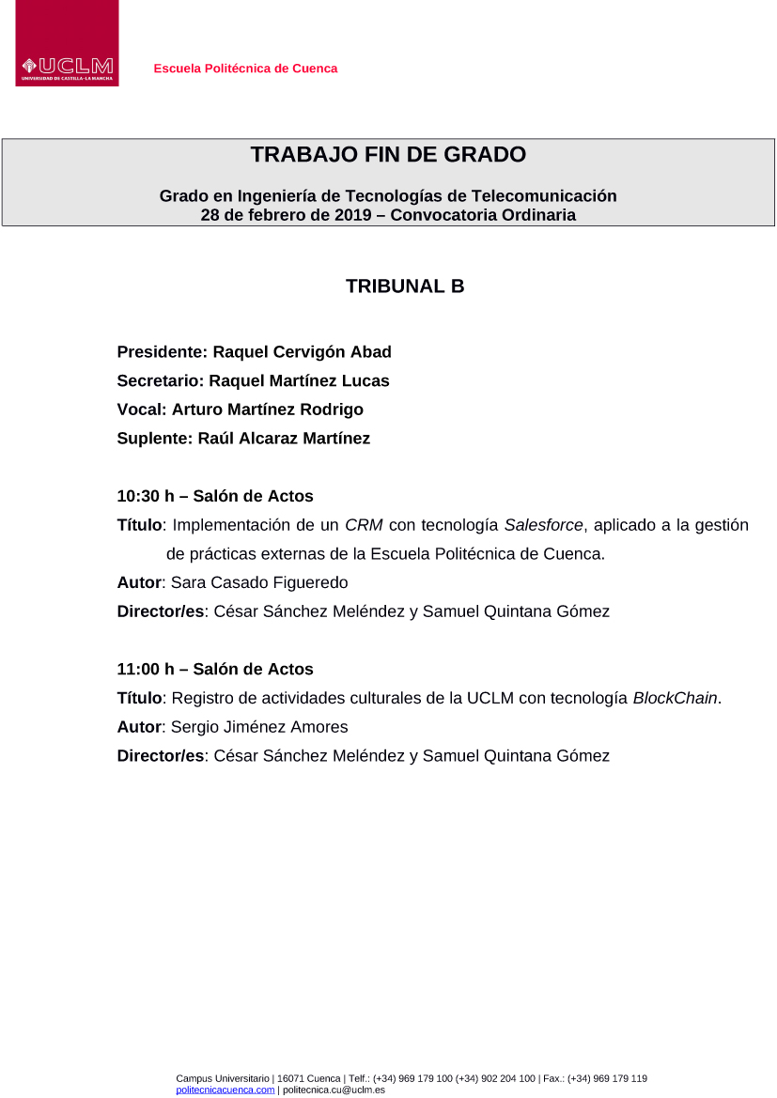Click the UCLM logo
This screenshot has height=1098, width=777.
click(x=67, y=44)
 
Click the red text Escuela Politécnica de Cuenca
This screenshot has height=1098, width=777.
click(x=245, y=69)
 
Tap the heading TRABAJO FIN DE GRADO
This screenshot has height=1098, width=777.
click(x=388, y=155)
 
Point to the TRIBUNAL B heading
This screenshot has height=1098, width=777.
click(x=405, y=286)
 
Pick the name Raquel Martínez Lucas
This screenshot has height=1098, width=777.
click(x=299, y=380)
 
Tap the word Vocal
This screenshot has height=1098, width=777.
click(x=140, y=410)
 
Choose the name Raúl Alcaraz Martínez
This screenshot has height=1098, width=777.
click(x=284, y=439)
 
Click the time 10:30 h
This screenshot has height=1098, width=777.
click(x=146, y=496)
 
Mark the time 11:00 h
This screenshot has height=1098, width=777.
click(x=146, y=670)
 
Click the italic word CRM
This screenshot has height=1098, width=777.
click(x=364, y=525)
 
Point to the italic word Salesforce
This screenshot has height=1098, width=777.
click(x=543, y=525)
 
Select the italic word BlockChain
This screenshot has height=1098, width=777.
click(x=675, y=699)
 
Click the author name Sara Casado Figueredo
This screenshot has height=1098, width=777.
click(x=259, y=583)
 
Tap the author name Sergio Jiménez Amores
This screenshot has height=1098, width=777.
click(x=259, y=727)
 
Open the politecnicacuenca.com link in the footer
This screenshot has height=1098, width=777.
click(x=225, y=1090)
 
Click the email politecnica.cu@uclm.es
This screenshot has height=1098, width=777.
click(x=334, y=1090)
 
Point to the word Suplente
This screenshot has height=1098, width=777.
click(x=153, y=439)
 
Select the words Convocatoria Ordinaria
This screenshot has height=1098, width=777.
click(x=483, y=215)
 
